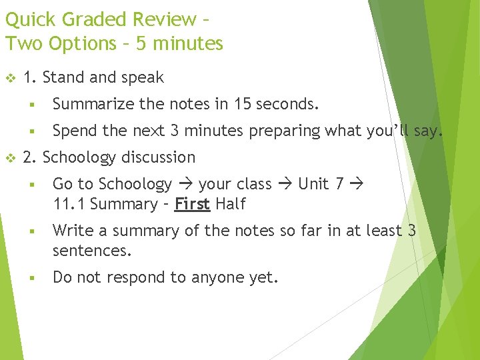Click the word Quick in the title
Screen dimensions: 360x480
click(x=27, y=19)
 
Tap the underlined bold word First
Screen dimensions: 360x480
click(x=192, y=204)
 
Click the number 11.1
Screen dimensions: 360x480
click(x=69, y=204)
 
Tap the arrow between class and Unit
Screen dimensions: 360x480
click(x=285, y=185)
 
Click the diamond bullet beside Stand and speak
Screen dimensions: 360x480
click(x=10, y=78)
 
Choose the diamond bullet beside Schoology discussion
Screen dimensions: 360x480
click(x=10, y=158)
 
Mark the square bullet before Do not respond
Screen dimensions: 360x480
click(x=31, y=278)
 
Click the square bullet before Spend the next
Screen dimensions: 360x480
click(x=31, y=131)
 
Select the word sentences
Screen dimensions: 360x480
click(x=93, y=251)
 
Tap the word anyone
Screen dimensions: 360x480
click(x=200, y=278)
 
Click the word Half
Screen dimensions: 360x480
click(x=231, y=204)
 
